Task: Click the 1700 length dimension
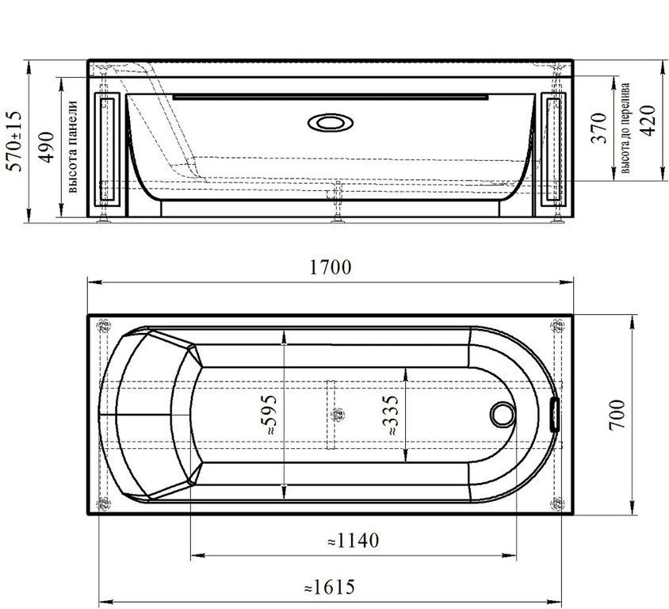(331, 267)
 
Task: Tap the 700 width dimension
(617, 415)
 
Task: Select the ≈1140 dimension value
(353, 541)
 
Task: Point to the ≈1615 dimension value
(330, 588)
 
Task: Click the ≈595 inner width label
(269, 415)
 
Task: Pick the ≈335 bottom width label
(390, 415)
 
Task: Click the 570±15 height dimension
(13, 141)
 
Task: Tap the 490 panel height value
(47, 147)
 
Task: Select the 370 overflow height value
(598, 128)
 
